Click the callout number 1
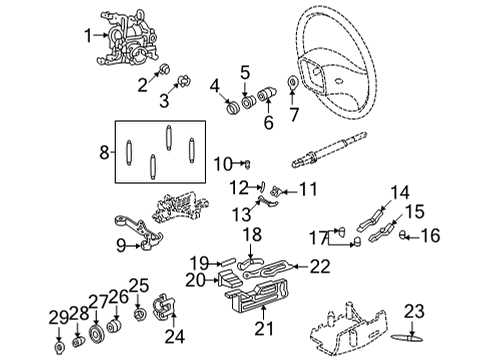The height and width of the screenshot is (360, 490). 89,35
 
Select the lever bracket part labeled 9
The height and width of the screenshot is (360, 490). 145,238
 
